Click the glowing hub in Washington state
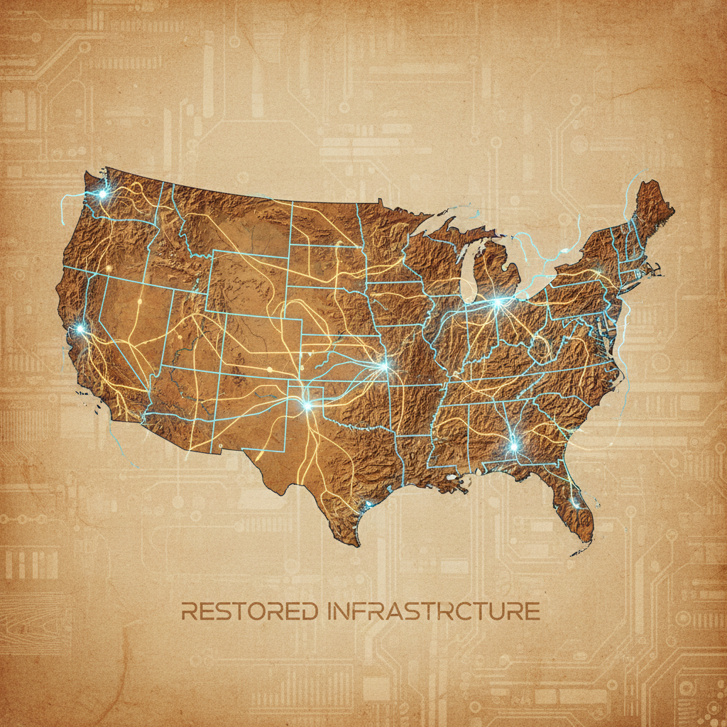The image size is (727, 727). (102, 193)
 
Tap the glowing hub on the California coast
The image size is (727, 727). (81, 329)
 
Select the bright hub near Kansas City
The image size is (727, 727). (385, 366)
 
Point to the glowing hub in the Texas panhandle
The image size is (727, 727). (307, 405)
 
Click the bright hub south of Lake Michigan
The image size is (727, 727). (497, 302)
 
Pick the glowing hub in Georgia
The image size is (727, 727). (513, 447)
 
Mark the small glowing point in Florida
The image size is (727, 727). (576, 505)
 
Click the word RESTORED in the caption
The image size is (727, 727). (248, 611)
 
